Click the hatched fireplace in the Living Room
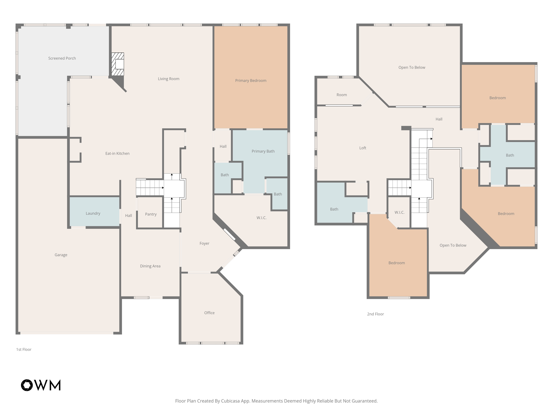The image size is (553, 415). (x=118, y=64)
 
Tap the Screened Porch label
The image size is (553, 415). (x=62, y=58)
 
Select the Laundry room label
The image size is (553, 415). (x=93, y=213)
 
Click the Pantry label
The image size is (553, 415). (x=151, y=214)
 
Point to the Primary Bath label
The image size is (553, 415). (x=263, y=151)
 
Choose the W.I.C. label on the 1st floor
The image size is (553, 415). (x=261, y=218)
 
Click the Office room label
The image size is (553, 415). (x=209, y=313)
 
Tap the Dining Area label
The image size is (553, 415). (x=150, y=266)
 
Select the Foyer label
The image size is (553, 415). (x=204, y=243)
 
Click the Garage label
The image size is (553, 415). (x=61, y=255)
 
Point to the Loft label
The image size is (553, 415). (x=363, y=148)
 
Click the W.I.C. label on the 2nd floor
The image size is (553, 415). (x=399, y=212)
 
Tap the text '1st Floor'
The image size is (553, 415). (x=24, y=349)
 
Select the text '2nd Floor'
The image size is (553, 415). (x=375, y=314)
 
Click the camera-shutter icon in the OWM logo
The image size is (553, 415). (x=27, y=385)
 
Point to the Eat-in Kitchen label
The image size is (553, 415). (x=117, y=153)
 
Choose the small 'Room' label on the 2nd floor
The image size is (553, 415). (x=342, y=95)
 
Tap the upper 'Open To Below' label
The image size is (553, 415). (x=412, y=68)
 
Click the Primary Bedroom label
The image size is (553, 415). (x=251, y=81)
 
